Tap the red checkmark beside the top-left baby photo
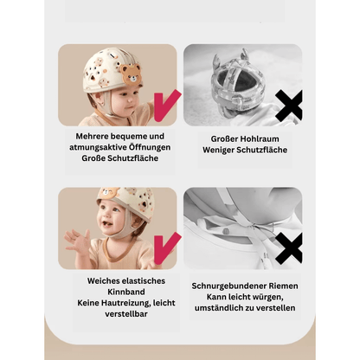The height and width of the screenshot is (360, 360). (165, 106)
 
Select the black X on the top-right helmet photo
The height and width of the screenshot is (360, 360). (289, 106)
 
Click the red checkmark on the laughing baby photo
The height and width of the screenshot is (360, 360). (165, 248)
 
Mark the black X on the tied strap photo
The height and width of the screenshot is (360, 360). (289, 248)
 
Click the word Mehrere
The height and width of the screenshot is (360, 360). (92, 136)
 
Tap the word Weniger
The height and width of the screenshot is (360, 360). (217, 150)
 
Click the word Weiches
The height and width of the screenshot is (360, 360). (103, 281)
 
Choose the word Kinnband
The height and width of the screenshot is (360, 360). (126, 292)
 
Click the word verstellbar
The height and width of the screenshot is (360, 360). (126, 314)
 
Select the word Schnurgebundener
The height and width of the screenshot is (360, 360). (229, 286)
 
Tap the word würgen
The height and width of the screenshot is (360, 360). (268, 297)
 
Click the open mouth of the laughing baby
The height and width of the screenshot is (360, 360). (106, 224)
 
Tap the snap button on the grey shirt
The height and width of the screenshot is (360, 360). (227, 231)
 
